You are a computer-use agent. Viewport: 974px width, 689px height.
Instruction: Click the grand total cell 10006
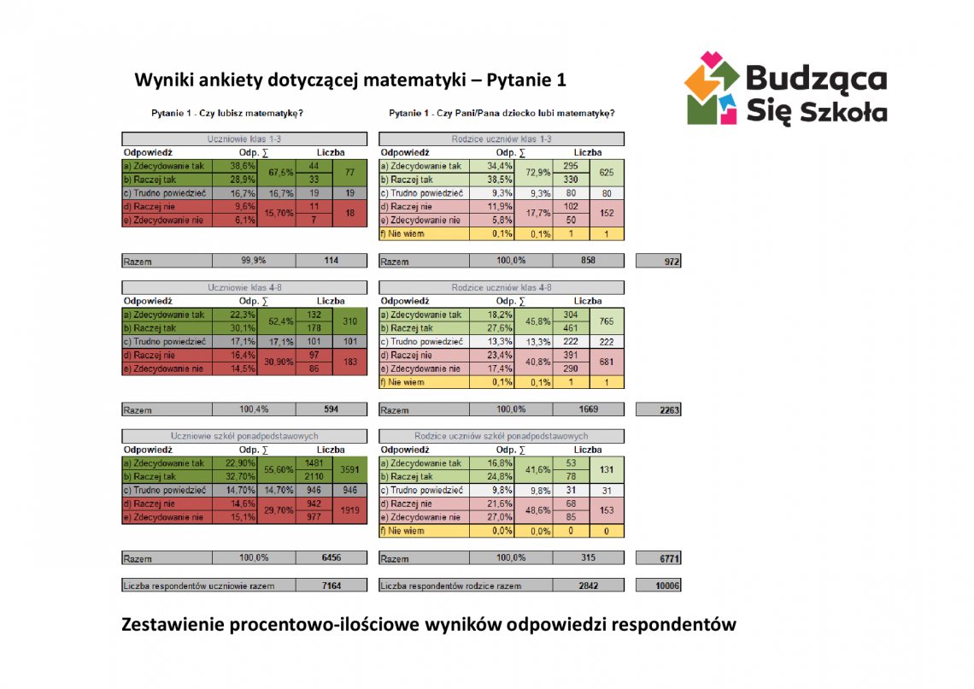click(x=659, y=586)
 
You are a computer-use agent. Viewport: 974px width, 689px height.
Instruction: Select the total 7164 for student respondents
click(x=331, y=586)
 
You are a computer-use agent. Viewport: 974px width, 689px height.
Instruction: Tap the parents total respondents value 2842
click(x=588, y=586)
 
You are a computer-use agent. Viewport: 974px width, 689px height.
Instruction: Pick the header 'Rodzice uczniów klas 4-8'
click(x=501, y=288)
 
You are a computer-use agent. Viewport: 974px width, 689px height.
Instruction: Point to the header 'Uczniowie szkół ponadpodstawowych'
click(x=243, y=436)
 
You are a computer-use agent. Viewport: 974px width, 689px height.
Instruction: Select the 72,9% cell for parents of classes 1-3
click(x=537, y=173)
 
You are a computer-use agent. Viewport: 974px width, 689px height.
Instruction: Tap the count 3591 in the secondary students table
click(x=349, y=469)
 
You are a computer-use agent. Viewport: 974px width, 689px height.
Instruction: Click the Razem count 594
click(x=331, y=409)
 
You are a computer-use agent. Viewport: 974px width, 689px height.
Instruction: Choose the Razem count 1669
click(x=588, y=409)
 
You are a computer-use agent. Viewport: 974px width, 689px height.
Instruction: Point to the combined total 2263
click(x=659, y=410)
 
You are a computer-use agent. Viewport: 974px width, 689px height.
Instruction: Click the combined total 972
click(x=659, y=262)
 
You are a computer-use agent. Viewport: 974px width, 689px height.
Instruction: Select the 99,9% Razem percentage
click(x=254, y=261)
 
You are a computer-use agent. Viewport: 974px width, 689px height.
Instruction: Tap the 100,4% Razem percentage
click(x=254, y=409)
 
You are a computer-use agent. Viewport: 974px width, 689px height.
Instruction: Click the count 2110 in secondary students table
click(x=314, y=476)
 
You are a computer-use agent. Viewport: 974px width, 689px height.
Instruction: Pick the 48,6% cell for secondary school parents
click(x=537, y=510)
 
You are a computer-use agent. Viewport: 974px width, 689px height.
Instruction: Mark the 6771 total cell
click(x=659, y=558)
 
